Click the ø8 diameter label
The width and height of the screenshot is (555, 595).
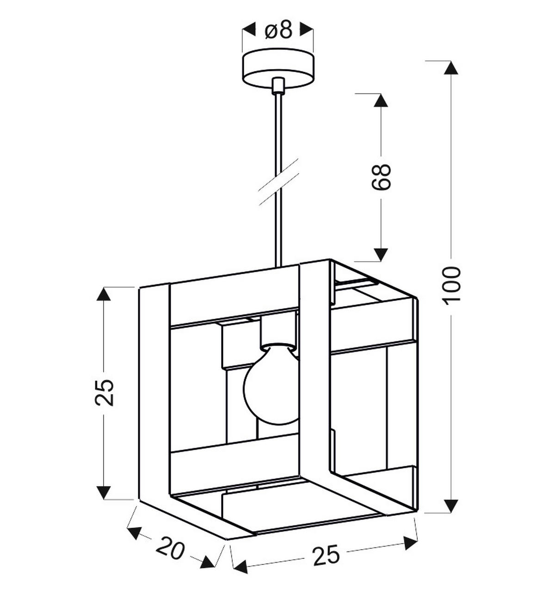coord(278,30)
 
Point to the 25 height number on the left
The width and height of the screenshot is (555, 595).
coord(105,393)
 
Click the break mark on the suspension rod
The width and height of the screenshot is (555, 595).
coord(278,182)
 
